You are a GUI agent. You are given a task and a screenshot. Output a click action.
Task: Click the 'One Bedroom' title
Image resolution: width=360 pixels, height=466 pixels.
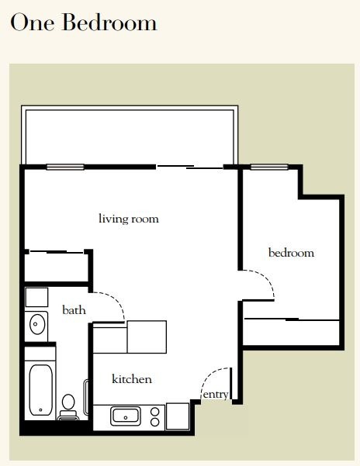pos(84,22)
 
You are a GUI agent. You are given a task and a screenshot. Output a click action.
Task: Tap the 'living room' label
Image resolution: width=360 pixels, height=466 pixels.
pos(129,219)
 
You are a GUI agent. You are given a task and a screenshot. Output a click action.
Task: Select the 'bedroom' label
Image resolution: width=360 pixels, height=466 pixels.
pos(291,253)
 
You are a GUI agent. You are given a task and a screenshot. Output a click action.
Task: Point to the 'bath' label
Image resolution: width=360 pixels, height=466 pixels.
pos(74,310)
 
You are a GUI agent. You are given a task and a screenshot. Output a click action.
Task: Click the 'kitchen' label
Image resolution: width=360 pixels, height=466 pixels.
pos(132,379)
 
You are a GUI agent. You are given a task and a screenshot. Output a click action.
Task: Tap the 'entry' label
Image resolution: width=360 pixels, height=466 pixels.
pos(216,395)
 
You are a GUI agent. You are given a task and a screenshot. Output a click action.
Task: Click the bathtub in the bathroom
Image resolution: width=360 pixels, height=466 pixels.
pos(41,390)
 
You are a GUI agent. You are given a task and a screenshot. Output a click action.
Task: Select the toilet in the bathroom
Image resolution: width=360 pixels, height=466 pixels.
pos(68,407)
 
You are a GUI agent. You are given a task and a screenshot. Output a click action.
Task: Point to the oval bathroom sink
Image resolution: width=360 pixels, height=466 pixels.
pos(37,324)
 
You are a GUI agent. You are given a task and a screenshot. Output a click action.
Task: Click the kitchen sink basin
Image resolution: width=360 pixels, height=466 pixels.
pos(126,416)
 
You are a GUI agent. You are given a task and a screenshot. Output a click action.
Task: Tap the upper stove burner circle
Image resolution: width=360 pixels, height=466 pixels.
pos(155,412)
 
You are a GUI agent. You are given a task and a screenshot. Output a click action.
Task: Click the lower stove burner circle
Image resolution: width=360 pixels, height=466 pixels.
pos(155,422)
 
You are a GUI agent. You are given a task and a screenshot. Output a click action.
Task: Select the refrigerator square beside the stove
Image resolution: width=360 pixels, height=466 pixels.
pos(178,416)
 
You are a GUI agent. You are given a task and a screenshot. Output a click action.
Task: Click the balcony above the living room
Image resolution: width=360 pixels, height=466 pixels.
pos(130,136)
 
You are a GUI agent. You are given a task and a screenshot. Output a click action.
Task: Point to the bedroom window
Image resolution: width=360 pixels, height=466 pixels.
pos(269,167)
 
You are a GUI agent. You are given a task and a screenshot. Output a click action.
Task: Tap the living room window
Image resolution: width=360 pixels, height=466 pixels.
pos(65,167)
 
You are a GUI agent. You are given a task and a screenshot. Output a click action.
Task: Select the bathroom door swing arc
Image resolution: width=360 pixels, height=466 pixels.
pos(116,300)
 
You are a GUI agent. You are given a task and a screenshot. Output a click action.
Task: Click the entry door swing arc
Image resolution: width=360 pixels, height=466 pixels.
pos(209,375)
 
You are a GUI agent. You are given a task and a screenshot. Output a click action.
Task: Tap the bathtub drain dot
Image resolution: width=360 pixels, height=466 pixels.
pos(40,410)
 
